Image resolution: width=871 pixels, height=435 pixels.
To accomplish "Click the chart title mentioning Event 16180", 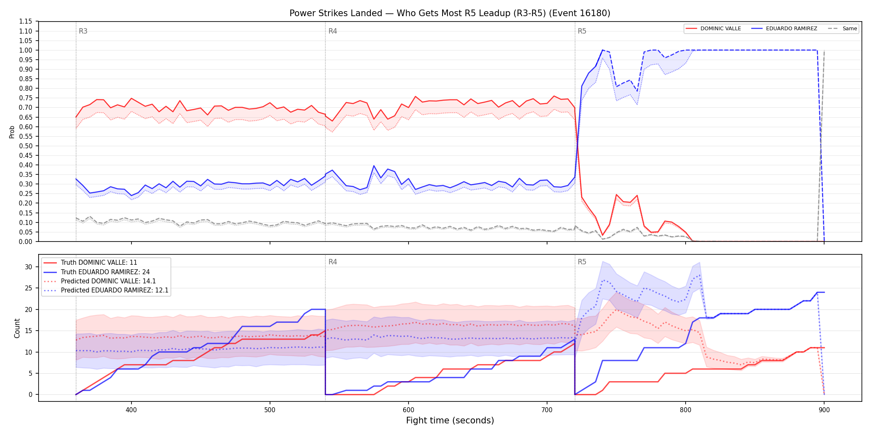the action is click(450, 13).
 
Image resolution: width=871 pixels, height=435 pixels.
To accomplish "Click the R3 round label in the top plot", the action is click(83, 31).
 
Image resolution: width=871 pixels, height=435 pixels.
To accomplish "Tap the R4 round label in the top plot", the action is click(333, 31).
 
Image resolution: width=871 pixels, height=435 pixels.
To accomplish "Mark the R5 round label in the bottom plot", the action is click(582, 262).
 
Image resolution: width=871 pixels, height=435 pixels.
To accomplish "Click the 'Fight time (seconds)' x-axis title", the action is click(450, 420).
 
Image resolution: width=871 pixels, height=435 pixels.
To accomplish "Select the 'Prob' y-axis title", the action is click(12, 132).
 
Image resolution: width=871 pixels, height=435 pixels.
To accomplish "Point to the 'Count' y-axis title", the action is click(17, 328).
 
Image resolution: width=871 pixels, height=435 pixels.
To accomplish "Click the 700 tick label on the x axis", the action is click(547, 410).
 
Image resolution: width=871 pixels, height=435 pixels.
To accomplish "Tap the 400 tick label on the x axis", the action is click(131, 410).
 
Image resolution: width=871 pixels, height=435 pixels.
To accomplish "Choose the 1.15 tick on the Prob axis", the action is click(25, 22).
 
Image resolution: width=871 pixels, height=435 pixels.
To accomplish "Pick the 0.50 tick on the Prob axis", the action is click(25, 146).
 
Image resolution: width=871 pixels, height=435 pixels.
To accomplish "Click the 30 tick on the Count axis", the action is click(28, 267).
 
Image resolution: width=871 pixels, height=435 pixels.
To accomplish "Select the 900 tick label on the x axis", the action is click(824, 410).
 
